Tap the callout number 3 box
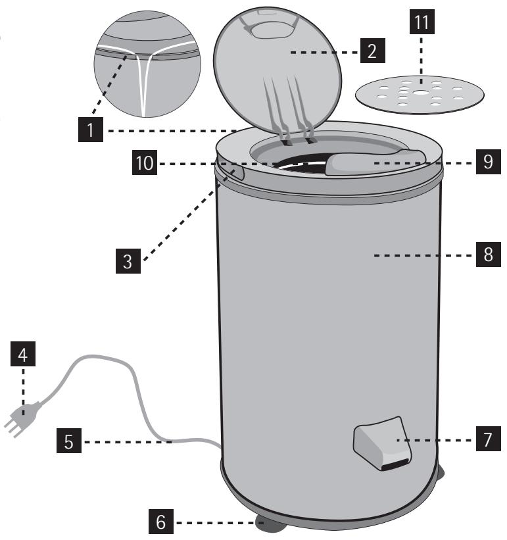pyautogui.click(x=129, y=260)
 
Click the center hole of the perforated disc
pyautogui.click(x=418, y=93)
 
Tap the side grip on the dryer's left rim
pyautogui.click(x=235, y=172)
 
